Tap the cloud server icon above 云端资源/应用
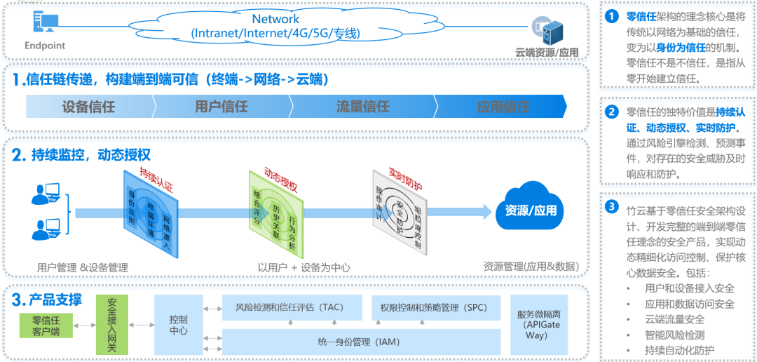click(548, 30)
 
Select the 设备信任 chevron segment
click(88, 107)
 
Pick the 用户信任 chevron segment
click(221, 107)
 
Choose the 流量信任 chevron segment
click(362, 107)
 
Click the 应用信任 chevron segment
click(503, 107)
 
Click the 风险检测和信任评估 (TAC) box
click(292, 307)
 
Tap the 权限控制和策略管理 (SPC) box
click(434, 307)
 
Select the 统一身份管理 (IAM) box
click(361, 342)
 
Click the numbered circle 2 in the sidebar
click(612, 112)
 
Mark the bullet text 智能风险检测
click(674, 335)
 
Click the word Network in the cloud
click(275, 20)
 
